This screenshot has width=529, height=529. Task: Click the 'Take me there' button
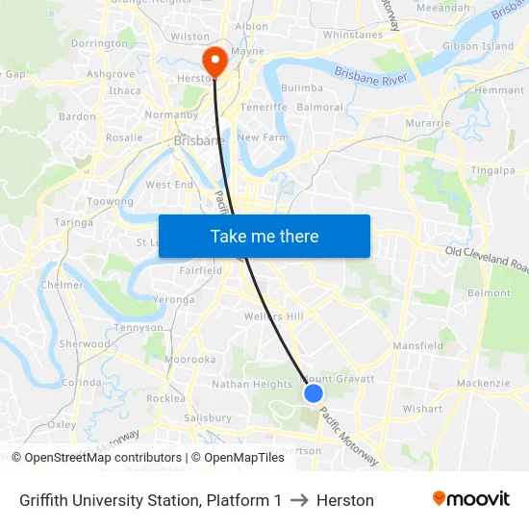(264, 236)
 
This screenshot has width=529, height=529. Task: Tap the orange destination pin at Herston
(214, 60)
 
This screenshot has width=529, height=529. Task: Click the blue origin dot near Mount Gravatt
(313, 392)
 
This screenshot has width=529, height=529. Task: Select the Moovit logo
(471, 499)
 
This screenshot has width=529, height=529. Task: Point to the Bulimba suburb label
(302, 88)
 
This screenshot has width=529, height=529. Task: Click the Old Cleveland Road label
(487, 257)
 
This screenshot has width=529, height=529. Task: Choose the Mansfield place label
(417, 345)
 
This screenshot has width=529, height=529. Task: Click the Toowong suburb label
(110, 201)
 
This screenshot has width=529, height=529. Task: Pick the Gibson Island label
(477, 46)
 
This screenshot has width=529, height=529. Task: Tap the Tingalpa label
(493, 170)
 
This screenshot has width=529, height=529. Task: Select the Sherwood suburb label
(85, 343)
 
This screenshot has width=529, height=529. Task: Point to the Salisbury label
(207, 417)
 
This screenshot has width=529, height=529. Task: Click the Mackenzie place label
(483, 383)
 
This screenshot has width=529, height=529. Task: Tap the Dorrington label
(99, 43)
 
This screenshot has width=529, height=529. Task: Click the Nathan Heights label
(252, 384)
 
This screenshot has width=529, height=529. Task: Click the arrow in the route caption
(299, 500)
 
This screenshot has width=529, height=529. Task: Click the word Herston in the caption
(345, 500)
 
